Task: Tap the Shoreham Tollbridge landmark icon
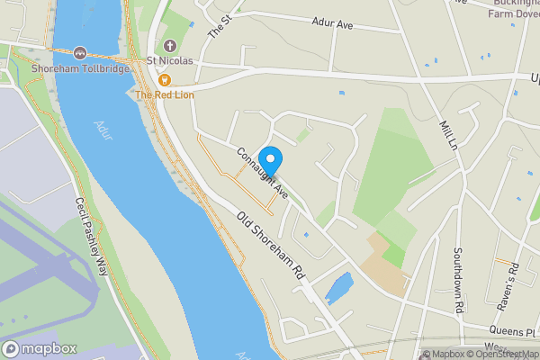point(81,54)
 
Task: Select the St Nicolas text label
point(170,61)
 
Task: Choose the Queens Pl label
point(513,330)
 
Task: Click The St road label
point(218,23)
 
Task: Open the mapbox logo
point(39,349)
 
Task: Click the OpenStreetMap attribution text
point(500,354)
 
